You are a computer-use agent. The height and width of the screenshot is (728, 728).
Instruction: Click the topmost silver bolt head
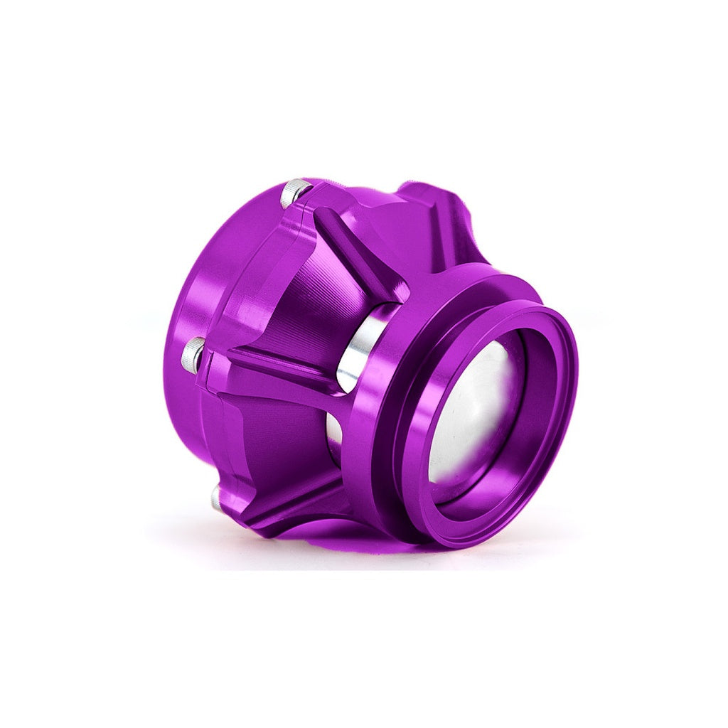tap(294, 192)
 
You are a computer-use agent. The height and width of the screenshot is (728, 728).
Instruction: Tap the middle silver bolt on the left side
tap(193, 353)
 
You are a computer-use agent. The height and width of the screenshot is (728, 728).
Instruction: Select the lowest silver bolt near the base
tap(217, 498)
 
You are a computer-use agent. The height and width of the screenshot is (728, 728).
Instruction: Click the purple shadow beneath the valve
tap(334, 540)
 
